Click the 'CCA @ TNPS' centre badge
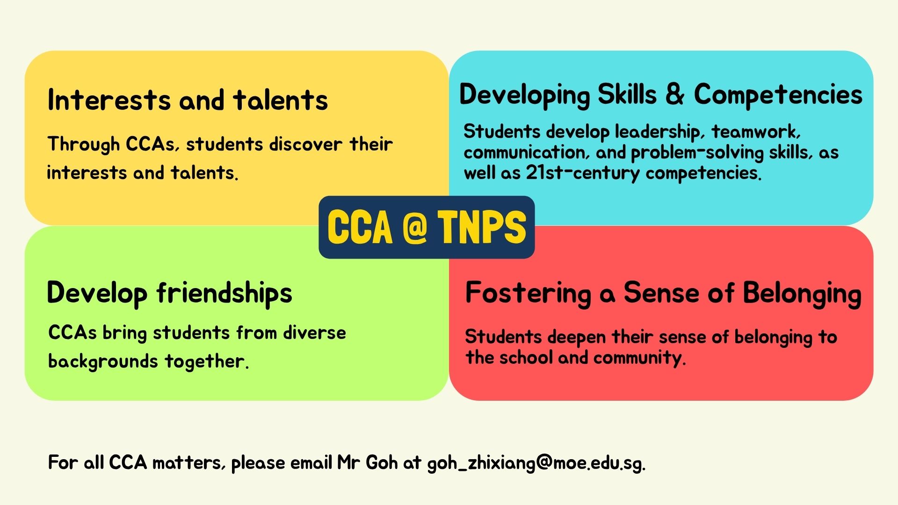click(427, 227)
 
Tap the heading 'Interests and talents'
click(188, 100)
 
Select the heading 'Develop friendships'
click(169, 294)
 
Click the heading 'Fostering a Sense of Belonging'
click(663, 294)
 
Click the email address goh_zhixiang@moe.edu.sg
click(536, 463)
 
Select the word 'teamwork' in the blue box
click(756, 131)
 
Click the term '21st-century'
click(583, 173)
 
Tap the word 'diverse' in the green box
click(314, 332)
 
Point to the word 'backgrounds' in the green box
click(103, 361)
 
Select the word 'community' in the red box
click(639, 358)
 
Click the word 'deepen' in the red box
click(577, 337)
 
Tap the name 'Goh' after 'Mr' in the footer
click(382, 462)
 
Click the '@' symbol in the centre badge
click(414, 227)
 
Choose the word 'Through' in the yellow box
click(84, 144)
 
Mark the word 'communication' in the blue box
click(524, 152)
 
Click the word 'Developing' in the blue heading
click(524, 95)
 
